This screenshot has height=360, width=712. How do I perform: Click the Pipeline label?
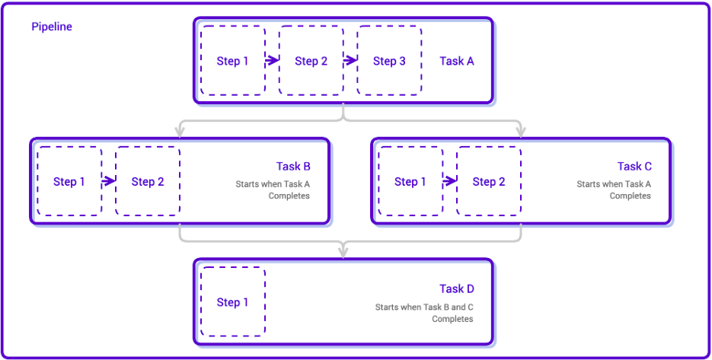(x=52, y=27)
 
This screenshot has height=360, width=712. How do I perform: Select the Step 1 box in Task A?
(x=233, y=61)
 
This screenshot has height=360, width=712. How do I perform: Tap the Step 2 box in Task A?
(x=311, y=61)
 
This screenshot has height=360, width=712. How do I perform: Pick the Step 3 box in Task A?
(x=389, y=61)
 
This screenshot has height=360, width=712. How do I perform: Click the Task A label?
(x=457, y=61)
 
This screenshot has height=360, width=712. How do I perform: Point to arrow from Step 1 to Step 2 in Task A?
(x=272, y=61)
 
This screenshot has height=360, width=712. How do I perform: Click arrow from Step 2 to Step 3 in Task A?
(x=350, y=61)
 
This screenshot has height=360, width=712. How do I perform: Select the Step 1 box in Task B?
(x=69, y=181)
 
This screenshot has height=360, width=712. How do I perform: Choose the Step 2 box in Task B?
(x=148, y=181)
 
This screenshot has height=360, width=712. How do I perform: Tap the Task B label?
(x=293, y=166)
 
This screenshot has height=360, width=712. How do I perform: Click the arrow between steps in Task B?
(x=108, y=181)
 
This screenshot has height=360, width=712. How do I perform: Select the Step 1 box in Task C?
(x=410, y=181)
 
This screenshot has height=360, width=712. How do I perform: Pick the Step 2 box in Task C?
(x=489, y=181)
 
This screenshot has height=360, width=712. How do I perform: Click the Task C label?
(x=634, y=166)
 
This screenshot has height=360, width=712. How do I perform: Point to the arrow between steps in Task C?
(x=449, y=181)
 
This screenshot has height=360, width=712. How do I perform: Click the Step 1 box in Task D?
(x=233, y=302)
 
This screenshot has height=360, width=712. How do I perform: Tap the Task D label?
(x=457, y=288)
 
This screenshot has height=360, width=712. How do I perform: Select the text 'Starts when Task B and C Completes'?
(x=424, y=313)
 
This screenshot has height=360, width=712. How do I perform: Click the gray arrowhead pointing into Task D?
(x=343, y=252)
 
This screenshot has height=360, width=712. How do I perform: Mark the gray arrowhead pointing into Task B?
(x=180, y=132)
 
